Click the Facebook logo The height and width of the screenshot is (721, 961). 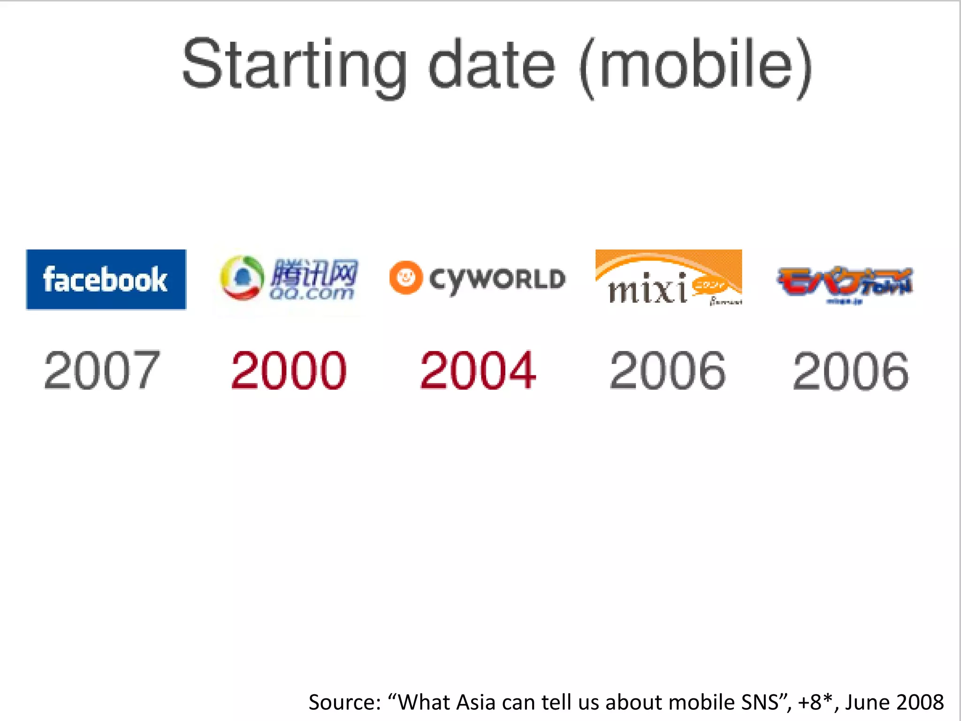pos(106,279)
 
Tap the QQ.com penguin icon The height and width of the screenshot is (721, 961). pos(242,278)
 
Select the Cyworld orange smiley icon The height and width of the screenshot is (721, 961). pos(405,277)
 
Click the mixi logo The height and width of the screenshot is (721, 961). pos(668,278)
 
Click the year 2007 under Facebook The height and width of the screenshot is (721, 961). pos(102,371)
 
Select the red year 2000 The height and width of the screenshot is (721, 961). pos(289,371)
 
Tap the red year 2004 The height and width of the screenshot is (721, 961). pos(478,371)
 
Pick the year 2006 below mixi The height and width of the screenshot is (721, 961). pos(667,371)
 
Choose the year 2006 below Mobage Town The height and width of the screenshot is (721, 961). pos(850,371)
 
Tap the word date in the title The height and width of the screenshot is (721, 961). pos(492,65)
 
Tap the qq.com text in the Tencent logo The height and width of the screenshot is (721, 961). pos(311,293)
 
